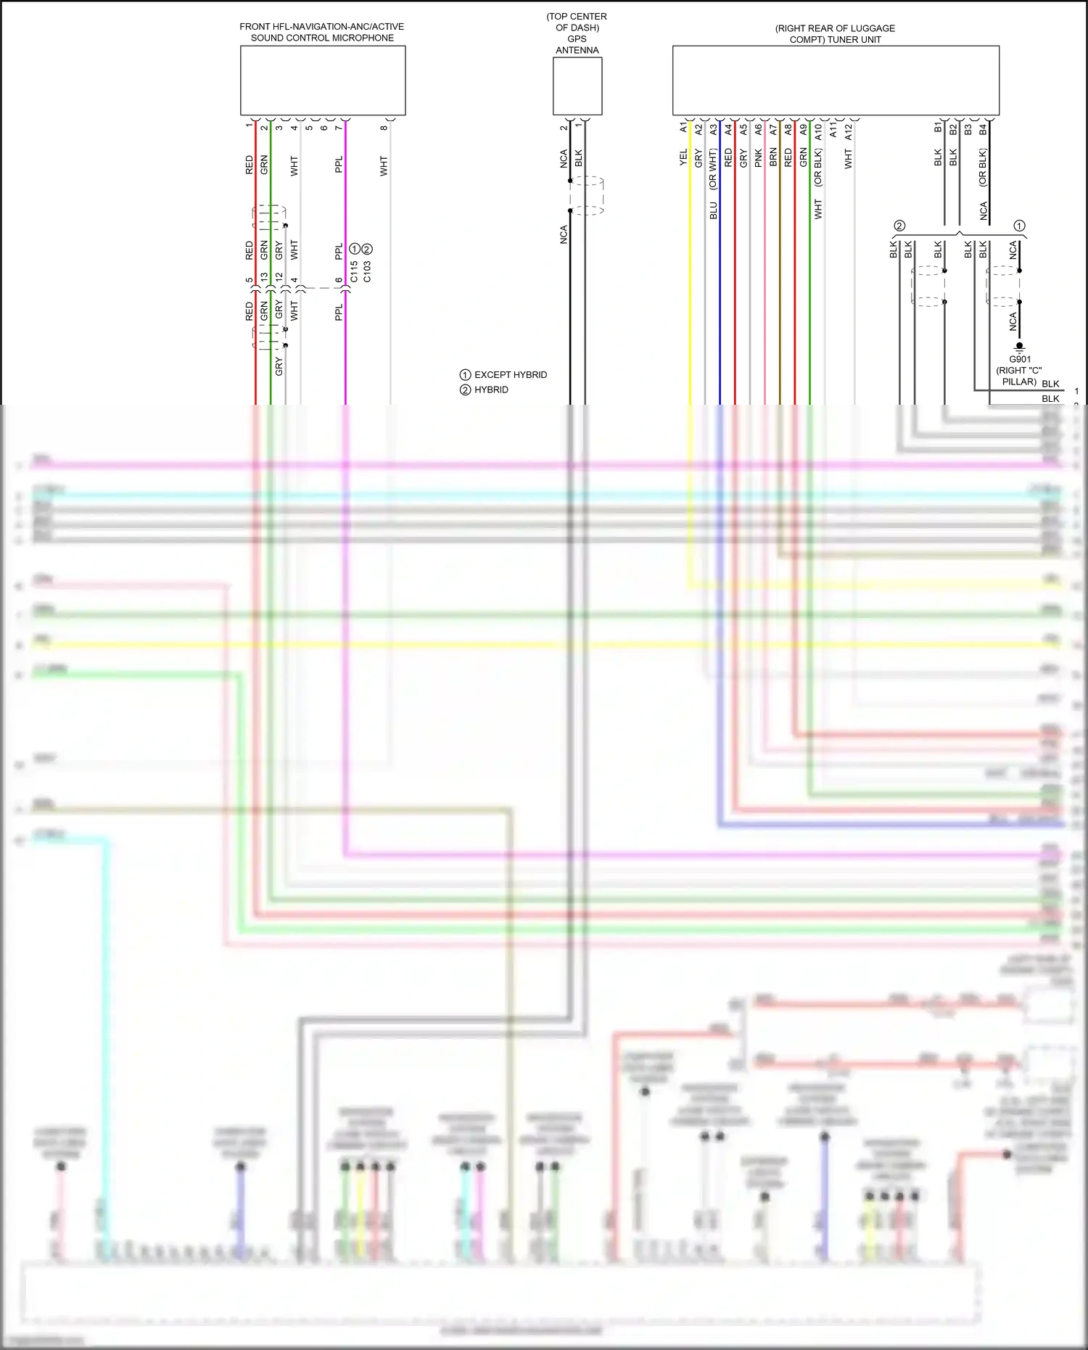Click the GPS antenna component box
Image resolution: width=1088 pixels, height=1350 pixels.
(577, 86)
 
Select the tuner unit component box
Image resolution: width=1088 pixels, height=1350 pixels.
(836, 81)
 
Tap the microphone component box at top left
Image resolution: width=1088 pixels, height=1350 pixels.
(323, 81)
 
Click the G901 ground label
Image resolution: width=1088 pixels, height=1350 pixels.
(1020, 359)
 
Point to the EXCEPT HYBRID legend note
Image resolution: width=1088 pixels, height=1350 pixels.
(504, 375)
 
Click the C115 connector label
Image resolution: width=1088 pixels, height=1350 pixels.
(354, 272)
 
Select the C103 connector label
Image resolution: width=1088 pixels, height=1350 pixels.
(367, 272)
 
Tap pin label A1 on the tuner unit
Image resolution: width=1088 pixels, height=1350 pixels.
(683, 128)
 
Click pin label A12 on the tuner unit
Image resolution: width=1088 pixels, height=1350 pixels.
(848, 131)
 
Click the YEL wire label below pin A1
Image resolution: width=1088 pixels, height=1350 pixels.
(683, 157)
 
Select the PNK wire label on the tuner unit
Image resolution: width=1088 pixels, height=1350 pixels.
(758, 157)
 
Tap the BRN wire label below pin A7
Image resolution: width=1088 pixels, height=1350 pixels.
(773, 157)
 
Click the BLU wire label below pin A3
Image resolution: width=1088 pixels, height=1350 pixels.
(713, 211)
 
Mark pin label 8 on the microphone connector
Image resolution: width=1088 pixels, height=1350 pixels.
(384, 128)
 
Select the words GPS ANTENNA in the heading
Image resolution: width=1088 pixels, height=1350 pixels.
(577, 44)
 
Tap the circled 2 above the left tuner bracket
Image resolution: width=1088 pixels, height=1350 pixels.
(899, 226)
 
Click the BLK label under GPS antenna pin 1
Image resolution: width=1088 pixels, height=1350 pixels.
(578, 158)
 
